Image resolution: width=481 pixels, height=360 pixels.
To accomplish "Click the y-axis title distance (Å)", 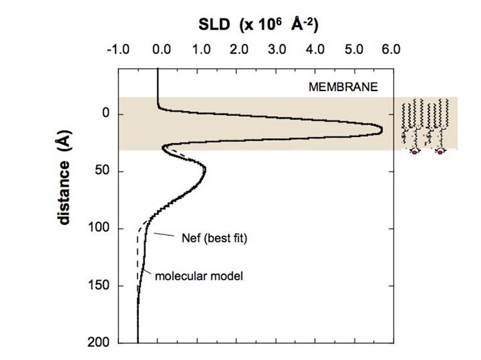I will click(x=64, y=177).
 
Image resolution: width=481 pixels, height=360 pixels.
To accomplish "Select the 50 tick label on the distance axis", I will click(x=103, y=171).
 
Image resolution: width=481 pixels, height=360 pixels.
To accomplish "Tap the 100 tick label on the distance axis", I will click(x=101, y=228).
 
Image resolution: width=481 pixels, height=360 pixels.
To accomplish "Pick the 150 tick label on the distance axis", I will click(x=101, y=285).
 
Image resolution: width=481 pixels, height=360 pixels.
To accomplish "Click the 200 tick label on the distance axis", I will click(x=101, y=342).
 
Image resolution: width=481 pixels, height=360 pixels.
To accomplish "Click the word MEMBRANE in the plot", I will click(x=343, y=87).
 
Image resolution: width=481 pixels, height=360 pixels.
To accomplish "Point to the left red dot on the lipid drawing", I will click(x=415, y=152).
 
